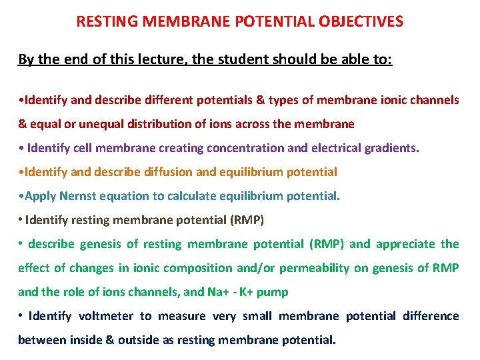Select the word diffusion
[x=166, y=171]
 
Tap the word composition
[x=185, y=267]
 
